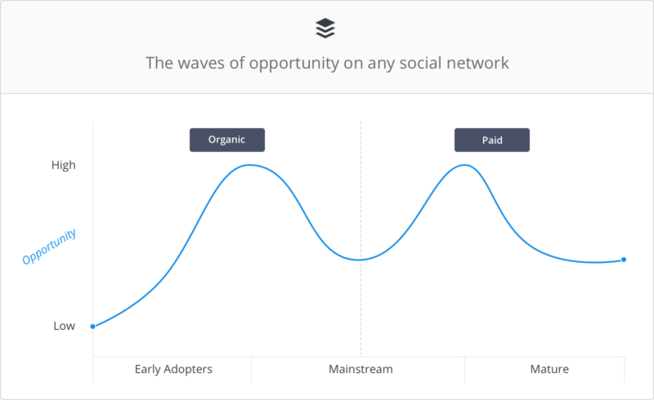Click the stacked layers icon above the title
pos(325,29)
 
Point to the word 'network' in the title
pos(477,63)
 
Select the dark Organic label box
pos(227,140)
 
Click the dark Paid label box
pos(491,140)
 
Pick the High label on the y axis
pos(63,165)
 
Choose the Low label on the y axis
pos(65,326)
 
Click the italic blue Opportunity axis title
pos(49,247)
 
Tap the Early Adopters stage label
pos(173,369)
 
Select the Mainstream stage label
pos(361,369)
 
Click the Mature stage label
pos(549,369)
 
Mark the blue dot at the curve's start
pos(92,327)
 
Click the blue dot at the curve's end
pos(624,260)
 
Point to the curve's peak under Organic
pos(249,165)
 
